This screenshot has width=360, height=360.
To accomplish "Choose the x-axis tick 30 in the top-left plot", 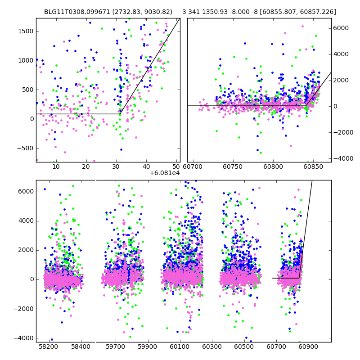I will pos(116,166).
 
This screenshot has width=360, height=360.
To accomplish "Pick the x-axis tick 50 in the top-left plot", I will pos(176,166).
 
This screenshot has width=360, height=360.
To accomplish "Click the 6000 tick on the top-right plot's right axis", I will pos(341,28).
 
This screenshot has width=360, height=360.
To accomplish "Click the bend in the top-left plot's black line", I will pos(120,114).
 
